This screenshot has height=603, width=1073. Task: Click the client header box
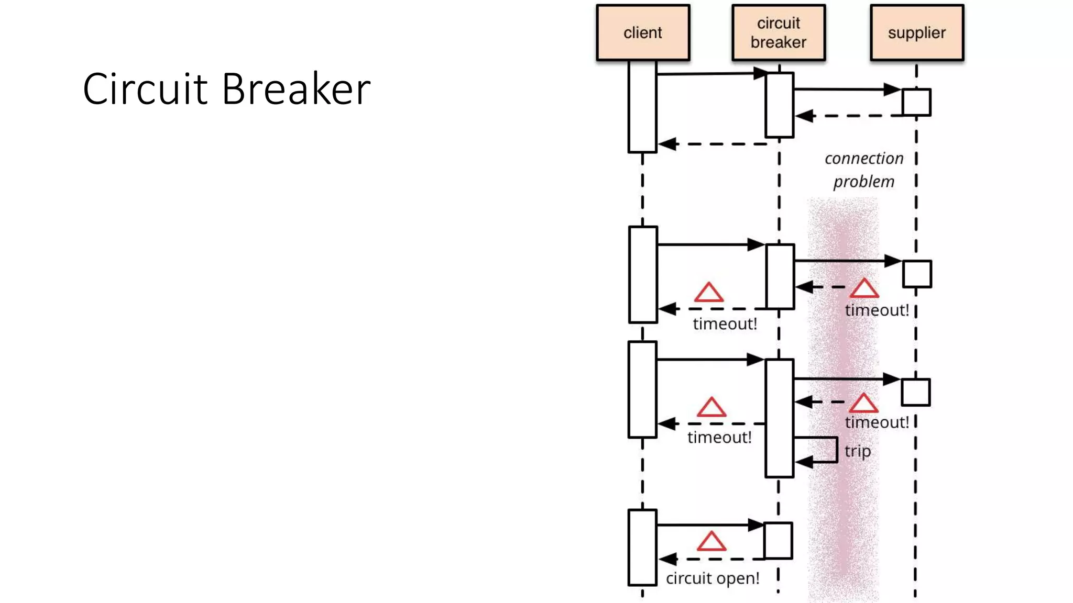[x=643, y=32]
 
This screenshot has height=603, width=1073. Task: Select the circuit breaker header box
[x=779, y=32]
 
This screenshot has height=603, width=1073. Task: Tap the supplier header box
[x=917, y=32]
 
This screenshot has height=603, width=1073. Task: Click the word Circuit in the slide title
[x=145, y=89]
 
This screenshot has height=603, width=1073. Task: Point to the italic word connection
[x=864, y=159]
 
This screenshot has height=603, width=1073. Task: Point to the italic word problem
[x=863, y=182]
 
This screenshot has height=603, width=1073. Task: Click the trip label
[x=858, y=451]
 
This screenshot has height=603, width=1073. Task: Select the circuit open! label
[x=713, y=578]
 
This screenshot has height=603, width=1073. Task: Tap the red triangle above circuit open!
[x=711, y=542]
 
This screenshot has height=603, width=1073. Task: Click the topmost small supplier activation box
[x=916, y=102]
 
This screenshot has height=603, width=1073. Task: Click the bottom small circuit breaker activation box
[x=778, y=540]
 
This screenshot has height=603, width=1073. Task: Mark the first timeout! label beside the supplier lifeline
[x=877, y=310]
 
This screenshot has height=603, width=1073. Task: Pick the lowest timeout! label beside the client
[x=719, y=438]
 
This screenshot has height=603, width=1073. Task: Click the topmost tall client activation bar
[x=642, y=107]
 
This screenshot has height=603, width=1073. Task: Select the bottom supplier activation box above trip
[x=916, y=392]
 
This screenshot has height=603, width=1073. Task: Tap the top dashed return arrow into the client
[x=713, y=144]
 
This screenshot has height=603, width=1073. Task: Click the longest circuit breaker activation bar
[x=779, y=418]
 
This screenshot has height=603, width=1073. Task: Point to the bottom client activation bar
[x=642, y=547]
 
